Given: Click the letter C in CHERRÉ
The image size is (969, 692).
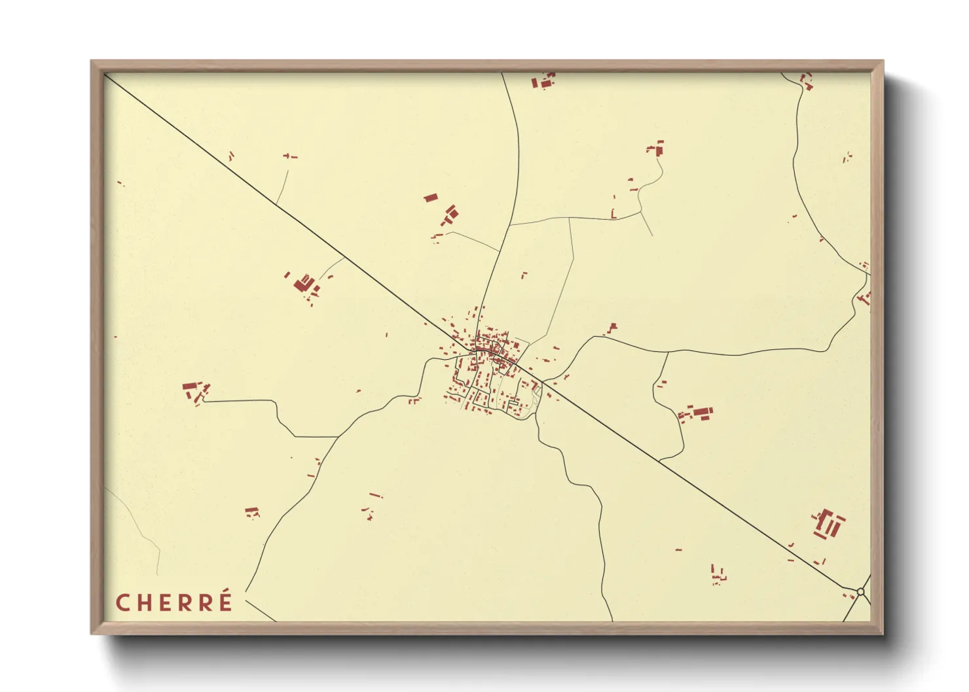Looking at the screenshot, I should (x=122, y=603).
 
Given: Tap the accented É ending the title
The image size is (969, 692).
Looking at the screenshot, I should (x=225, y=601).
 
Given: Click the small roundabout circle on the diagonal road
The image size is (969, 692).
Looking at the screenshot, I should (x=860, y=591).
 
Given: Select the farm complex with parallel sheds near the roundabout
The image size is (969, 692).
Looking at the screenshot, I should (x=829, y=524).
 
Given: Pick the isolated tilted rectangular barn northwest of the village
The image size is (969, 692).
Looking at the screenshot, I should (x=430, y=197).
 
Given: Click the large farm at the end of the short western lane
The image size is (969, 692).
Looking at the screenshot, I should (x=304, y=284).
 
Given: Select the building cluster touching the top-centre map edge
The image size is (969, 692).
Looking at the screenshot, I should (x=543, y=81).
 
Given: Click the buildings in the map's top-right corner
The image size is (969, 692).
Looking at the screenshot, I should (x=807, y=82).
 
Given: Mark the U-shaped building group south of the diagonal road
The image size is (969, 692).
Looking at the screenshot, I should (x=718, y=574).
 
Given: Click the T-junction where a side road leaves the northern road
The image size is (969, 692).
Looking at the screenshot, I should (x=509, y=226).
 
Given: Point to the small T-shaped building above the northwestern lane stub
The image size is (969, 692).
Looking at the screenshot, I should (x=289, y=156).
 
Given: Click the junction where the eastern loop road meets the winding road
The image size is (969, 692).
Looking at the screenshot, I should (x=667, y=353).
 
